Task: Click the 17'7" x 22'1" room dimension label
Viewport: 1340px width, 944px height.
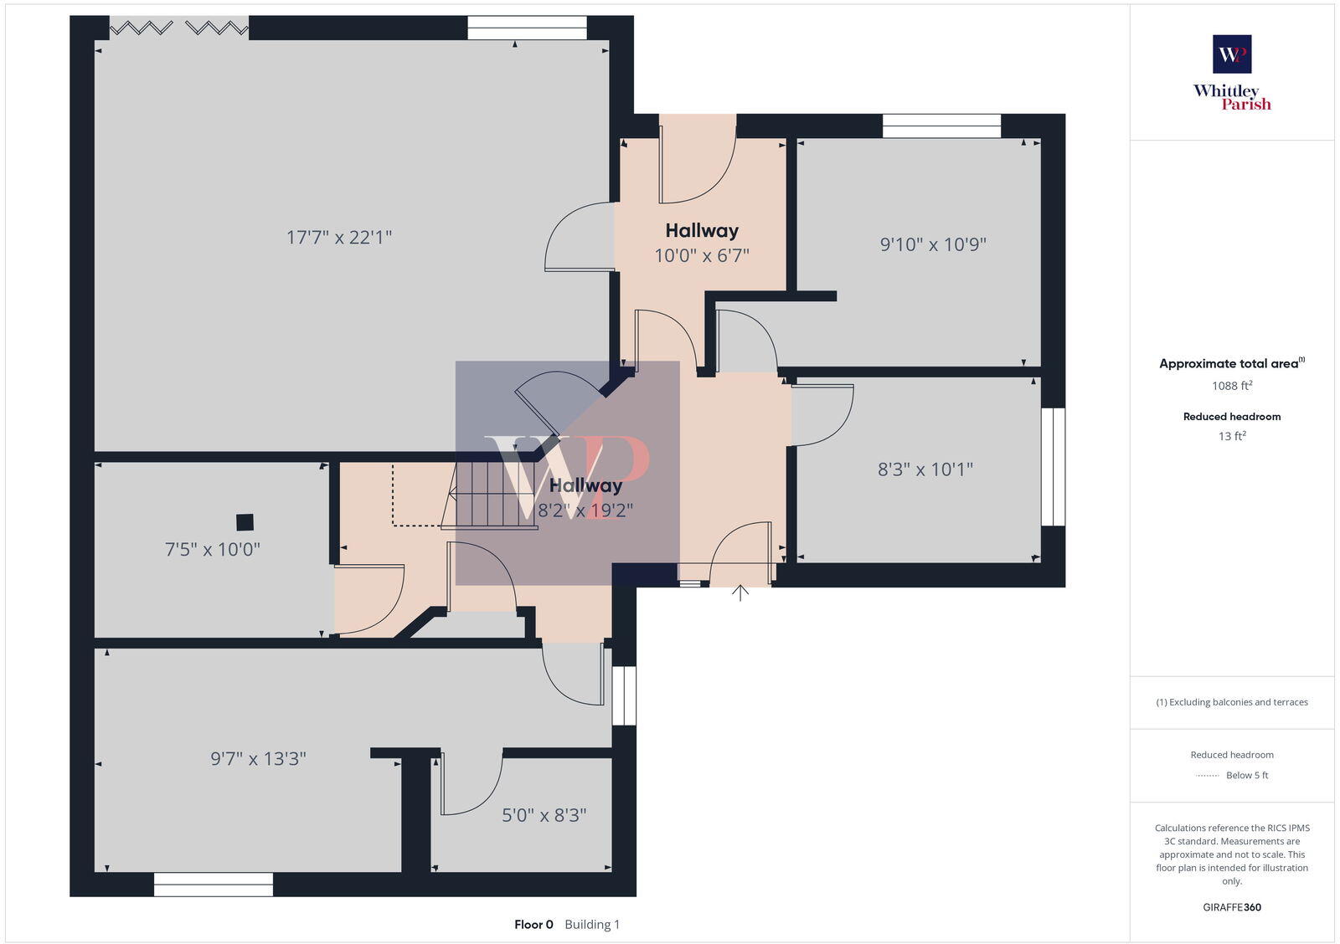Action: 339,238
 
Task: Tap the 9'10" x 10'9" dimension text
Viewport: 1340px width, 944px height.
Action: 933,244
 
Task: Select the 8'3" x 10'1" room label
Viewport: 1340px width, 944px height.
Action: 925,469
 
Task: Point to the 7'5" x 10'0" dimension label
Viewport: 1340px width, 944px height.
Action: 212,550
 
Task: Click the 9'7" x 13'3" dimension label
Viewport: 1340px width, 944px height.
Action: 258,759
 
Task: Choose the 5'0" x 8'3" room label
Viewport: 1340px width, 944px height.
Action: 544,815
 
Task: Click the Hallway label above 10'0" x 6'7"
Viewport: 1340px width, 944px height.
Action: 702,231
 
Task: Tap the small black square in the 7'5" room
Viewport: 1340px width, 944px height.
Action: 245,522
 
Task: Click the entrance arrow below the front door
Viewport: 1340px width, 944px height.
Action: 740,593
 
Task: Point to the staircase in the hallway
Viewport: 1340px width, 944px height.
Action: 490,495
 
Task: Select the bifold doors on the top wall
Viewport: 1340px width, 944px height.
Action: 179,28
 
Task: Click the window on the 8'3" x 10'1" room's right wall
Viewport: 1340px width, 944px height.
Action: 1053,467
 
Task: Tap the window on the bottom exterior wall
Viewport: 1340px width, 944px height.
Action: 214,885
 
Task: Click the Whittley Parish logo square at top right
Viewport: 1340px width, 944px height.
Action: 1232,54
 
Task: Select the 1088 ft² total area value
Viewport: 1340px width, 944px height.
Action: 1232,386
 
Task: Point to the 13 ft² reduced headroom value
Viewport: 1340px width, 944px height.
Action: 1232,436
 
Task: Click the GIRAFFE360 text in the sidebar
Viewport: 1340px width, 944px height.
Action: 1232,907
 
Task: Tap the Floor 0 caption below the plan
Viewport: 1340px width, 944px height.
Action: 533,925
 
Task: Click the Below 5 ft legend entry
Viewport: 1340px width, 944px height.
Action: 1246,776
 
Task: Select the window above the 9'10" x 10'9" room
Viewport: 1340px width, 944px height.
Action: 941,126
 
